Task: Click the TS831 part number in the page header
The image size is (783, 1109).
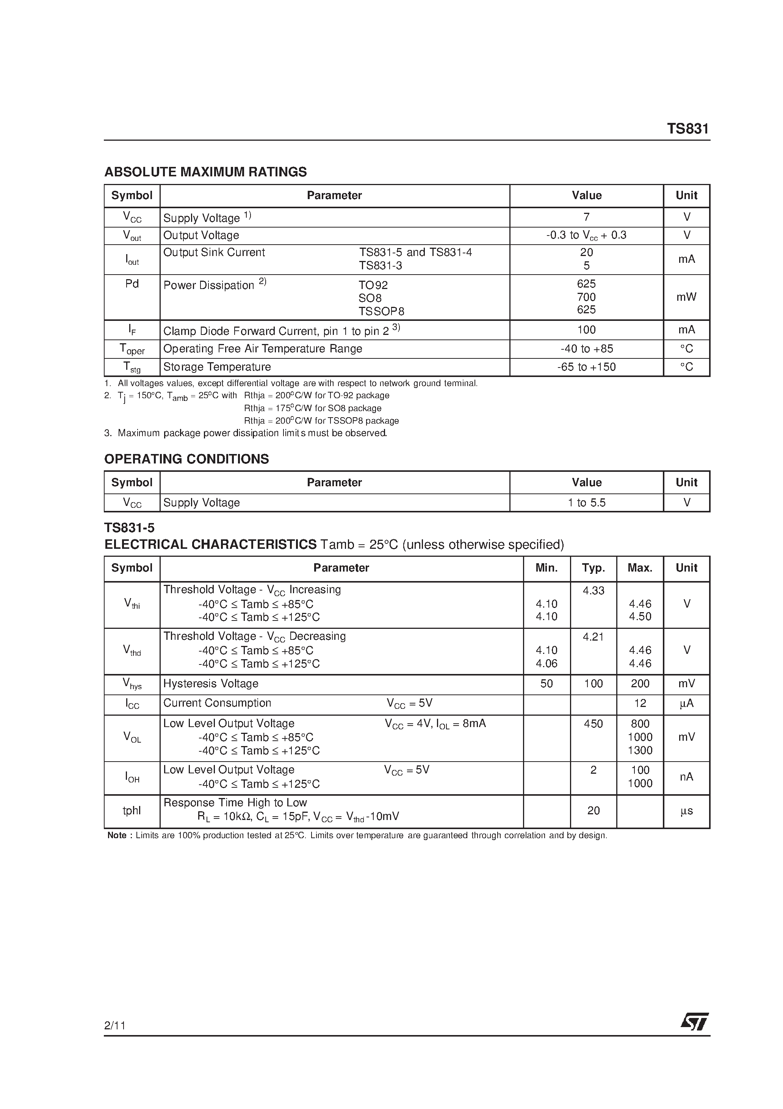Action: tap(687, 129)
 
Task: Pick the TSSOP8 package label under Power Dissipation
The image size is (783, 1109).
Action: tap(381, 311)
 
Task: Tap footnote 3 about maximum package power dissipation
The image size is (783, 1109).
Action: tap(246, 433)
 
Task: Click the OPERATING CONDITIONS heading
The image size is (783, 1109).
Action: tap(186, 459)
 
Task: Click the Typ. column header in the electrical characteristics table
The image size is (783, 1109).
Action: tap(593, 568)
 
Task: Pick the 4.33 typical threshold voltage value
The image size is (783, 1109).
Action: tap(593, 590)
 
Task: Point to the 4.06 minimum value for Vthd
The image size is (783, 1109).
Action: tap(547, 664)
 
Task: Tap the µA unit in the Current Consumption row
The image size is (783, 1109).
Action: tap(686, 703)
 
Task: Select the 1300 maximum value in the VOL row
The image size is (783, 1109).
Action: tap(640, 751)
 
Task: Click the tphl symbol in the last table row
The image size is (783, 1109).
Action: tap(132, 811)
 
